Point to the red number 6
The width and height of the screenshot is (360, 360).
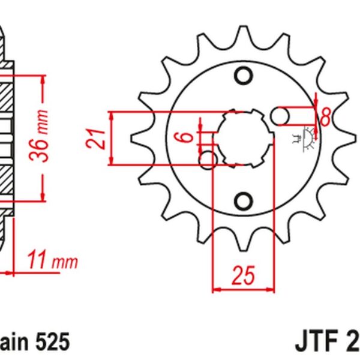pos(187,137)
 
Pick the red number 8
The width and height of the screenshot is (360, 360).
pos(325,116)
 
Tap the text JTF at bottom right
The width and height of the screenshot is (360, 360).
pos(317,343)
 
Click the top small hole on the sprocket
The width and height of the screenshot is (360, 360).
pos(244,76)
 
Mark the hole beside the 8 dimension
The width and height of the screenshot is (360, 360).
pos(283,116)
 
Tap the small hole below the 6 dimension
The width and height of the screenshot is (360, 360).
pos(210,160)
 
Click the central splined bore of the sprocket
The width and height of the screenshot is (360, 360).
pos(244,137)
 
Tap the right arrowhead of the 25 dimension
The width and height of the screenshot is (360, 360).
pos(272,289)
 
